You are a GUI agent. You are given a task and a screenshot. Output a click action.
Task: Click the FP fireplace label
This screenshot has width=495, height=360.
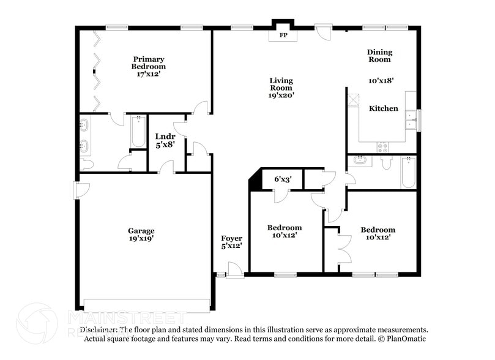click(283, 36)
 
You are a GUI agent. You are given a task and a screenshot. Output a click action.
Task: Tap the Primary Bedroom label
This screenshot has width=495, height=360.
click(149, 62)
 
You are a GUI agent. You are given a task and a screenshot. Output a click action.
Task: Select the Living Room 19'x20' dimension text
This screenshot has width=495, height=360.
click(281, 95)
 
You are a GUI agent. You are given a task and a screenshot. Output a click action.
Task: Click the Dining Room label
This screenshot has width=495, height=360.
click(379, 56)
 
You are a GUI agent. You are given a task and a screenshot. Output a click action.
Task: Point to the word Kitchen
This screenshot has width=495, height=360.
click(384, 108)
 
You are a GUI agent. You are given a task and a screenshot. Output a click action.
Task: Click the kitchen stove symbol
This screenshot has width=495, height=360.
click(384, 147)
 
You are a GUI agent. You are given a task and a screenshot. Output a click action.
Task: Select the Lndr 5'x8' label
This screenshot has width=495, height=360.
click(165, 140)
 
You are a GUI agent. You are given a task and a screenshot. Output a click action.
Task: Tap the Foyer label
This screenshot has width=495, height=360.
click(232, 238)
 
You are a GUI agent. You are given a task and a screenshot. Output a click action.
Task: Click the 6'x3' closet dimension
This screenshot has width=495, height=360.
click(282, 179)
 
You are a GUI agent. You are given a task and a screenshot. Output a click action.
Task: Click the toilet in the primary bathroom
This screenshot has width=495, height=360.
click(86, 163)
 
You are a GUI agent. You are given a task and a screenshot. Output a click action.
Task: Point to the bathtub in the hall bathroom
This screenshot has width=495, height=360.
click(408, 173)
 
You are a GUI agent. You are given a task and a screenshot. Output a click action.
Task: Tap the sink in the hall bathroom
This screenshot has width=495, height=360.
click(359, 161)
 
